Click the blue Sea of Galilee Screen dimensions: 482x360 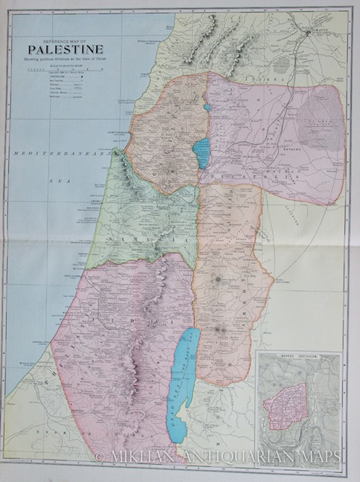tap(201, 152)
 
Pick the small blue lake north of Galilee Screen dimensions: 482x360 tap(206, 107)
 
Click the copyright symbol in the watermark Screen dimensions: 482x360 tap(100, 457)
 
